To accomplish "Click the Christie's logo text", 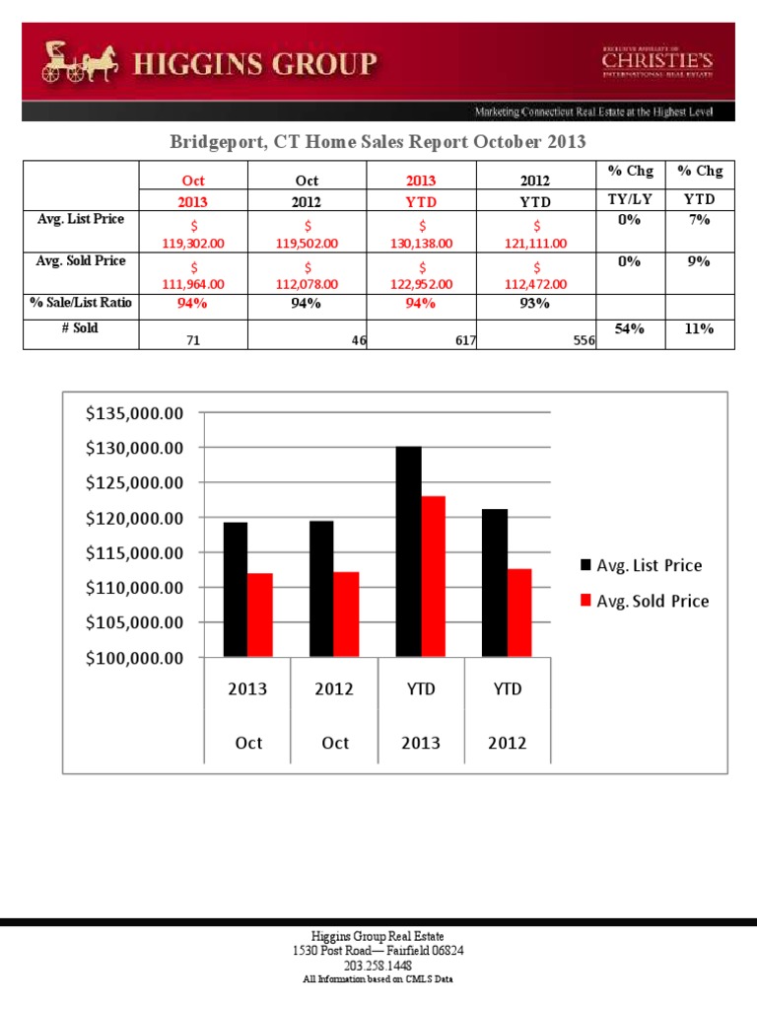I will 656,63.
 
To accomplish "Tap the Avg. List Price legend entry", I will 642,565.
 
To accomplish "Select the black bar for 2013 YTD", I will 408,551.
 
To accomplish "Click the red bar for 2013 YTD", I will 433,576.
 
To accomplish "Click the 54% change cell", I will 629,329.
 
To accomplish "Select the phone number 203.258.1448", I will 378,966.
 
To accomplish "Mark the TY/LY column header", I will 629,199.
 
